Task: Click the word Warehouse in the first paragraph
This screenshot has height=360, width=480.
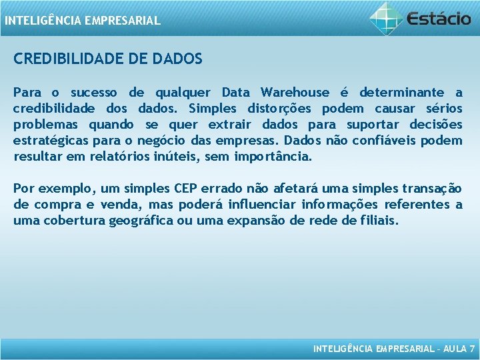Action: (295, 92)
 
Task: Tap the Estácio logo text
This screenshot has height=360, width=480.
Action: (441, 18)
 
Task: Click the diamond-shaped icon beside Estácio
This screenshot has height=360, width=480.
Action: (387, 17)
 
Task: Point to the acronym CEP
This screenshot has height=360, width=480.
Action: (190, 189)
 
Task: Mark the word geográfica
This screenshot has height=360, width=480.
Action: (147, 221)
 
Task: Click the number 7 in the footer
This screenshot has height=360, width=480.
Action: (472, 348)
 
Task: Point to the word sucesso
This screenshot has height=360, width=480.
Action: (94, 92)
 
